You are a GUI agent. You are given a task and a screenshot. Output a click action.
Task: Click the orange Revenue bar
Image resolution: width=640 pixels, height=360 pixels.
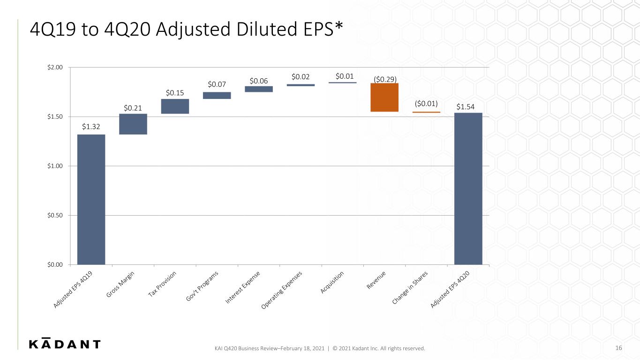[384, 97]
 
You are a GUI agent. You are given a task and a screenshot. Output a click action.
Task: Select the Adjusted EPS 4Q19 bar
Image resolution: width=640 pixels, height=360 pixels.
[91, 199]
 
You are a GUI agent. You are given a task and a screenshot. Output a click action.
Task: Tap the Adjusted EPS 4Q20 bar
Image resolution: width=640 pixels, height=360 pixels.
[468, 188]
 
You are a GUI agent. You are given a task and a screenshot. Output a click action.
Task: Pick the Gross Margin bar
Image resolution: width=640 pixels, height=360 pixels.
[133, 124]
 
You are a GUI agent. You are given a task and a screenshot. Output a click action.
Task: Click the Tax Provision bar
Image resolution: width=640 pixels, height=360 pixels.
[175, 106]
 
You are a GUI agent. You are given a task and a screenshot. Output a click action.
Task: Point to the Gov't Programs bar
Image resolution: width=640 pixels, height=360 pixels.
[217, 96]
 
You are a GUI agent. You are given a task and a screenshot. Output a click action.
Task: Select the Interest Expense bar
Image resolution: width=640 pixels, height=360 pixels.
[259, 89]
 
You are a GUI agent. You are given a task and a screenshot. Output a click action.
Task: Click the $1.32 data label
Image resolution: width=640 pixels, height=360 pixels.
[91, 127]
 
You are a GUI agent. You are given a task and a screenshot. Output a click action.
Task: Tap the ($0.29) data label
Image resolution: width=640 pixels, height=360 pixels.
[385, 79]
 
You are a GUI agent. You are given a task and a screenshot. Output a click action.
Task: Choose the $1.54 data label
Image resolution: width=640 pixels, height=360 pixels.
[465, 107]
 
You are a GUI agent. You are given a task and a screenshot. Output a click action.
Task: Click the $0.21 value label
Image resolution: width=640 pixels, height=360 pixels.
[133, 108]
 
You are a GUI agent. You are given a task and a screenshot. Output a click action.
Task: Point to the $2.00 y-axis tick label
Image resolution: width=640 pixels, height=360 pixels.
[55, 67]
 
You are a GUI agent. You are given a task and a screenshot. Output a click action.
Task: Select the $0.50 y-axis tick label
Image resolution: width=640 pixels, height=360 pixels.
[55, 216]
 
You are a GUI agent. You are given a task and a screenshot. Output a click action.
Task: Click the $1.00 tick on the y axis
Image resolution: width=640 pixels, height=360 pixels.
[55, 166]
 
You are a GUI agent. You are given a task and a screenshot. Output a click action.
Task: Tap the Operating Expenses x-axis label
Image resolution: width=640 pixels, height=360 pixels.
[281, 290]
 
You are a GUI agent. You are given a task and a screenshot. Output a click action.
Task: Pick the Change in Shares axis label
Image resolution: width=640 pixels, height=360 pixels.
[410, 288]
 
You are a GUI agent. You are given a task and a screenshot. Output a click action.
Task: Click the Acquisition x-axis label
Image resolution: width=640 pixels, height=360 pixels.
[331, 283]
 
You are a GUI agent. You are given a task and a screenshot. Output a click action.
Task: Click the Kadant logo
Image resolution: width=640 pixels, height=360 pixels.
[65, 343]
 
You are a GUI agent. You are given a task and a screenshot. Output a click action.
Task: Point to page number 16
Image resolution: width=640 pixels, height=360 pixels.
[618, 348]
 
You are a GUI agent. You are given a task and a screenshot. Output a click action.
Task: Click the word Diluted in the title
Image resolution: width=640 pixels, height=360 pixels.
[267, 29]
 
